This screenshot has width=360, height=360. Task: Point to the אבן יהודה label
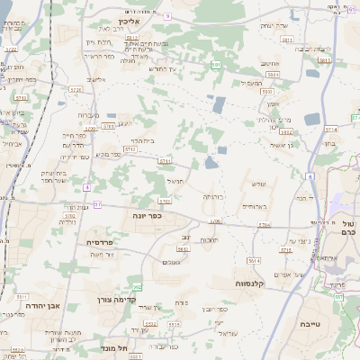pos(31,305)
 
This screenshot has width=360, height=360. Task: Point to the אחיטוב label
pos(271,65)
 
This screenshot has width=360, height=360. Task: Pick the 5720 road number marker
pos(75,90)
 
